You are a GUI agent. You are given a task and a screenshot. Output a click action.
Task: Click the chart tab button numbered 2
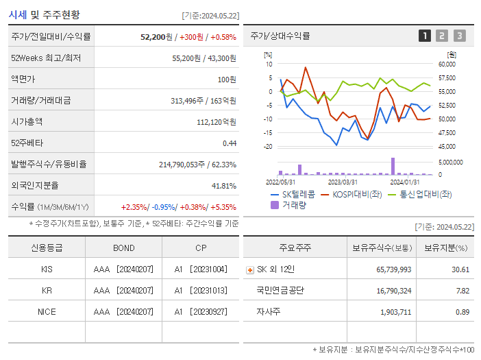[442, 36]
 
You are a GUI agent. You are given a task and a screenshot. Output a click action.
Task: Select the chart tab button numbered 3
[459, 36]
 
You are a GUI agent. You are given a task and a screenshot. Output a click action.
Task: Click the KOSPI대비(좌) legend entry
[352, 194]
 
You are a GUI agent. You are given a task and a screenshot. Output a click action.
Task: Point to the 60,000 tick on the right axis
[447, 64]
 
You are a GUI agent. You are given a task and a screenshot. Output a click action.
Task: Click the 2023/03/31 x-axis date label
[343, 182]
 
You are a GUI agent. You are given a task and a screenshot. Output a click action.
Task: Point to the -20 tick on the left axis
[268, 147]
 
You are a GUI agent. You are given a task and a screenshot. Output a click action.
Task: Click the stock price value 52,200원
[156, 37]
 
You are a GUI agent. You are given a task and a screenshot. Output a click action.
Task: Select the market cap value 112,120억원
[216, 121]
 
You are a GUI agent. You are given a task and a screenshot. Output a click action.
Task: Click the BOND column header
[123, 248]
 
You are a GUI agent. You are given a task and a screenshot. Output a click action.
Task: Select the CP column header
[200, 248]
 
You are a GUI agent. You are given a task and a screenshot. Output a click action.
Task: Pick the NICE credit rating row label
[47, 311]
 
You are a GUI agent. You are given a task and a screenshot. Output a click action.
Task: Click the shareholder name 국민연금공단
[280, 290]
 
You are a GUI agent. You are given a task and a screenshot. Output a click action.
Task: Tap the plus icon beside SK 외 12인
[249, 270]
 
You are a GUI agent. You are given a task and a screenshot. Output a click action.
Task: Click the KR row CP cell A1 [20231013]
[200, 290]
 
